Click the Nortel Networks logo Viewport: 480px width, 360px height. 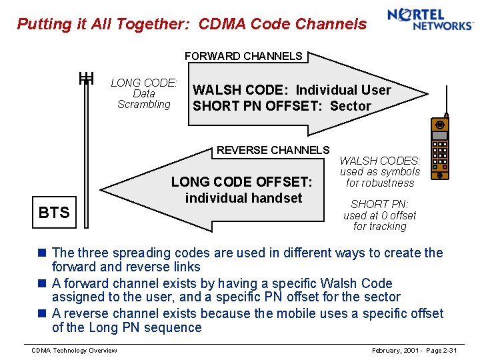point(429,19)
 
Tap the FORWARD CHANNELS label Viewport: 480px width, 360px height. point(243,57)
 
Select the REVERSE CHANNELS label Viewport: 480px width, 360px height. point(273,150)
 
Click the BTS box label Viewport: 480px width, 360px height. point(54,213)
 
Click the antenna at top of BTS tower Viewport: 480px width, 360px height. point(86,79)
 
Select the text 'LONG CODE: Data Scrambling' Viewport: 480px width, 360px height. point(144,93)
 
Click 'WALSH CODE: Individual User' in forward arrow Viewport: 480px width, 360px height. point(291,90)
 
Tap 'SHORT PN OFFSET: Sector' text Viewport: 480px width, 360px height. point(281,106)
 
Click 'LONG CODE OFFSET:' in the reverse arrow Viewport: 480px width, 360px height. point(241,181)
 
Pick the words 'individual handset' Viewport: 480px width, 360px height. point(243,198)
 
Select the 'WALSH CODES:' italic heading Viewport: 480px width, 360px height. point(380,161)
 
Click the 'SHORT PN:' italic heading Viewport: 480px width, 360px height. point(379,204)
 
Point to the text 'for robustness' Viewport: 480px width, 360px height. point(380,183)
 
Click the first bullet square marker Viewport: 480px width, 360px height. point(42,253)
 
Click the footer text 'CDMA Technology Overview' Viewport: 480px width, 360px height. point(75,351)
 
